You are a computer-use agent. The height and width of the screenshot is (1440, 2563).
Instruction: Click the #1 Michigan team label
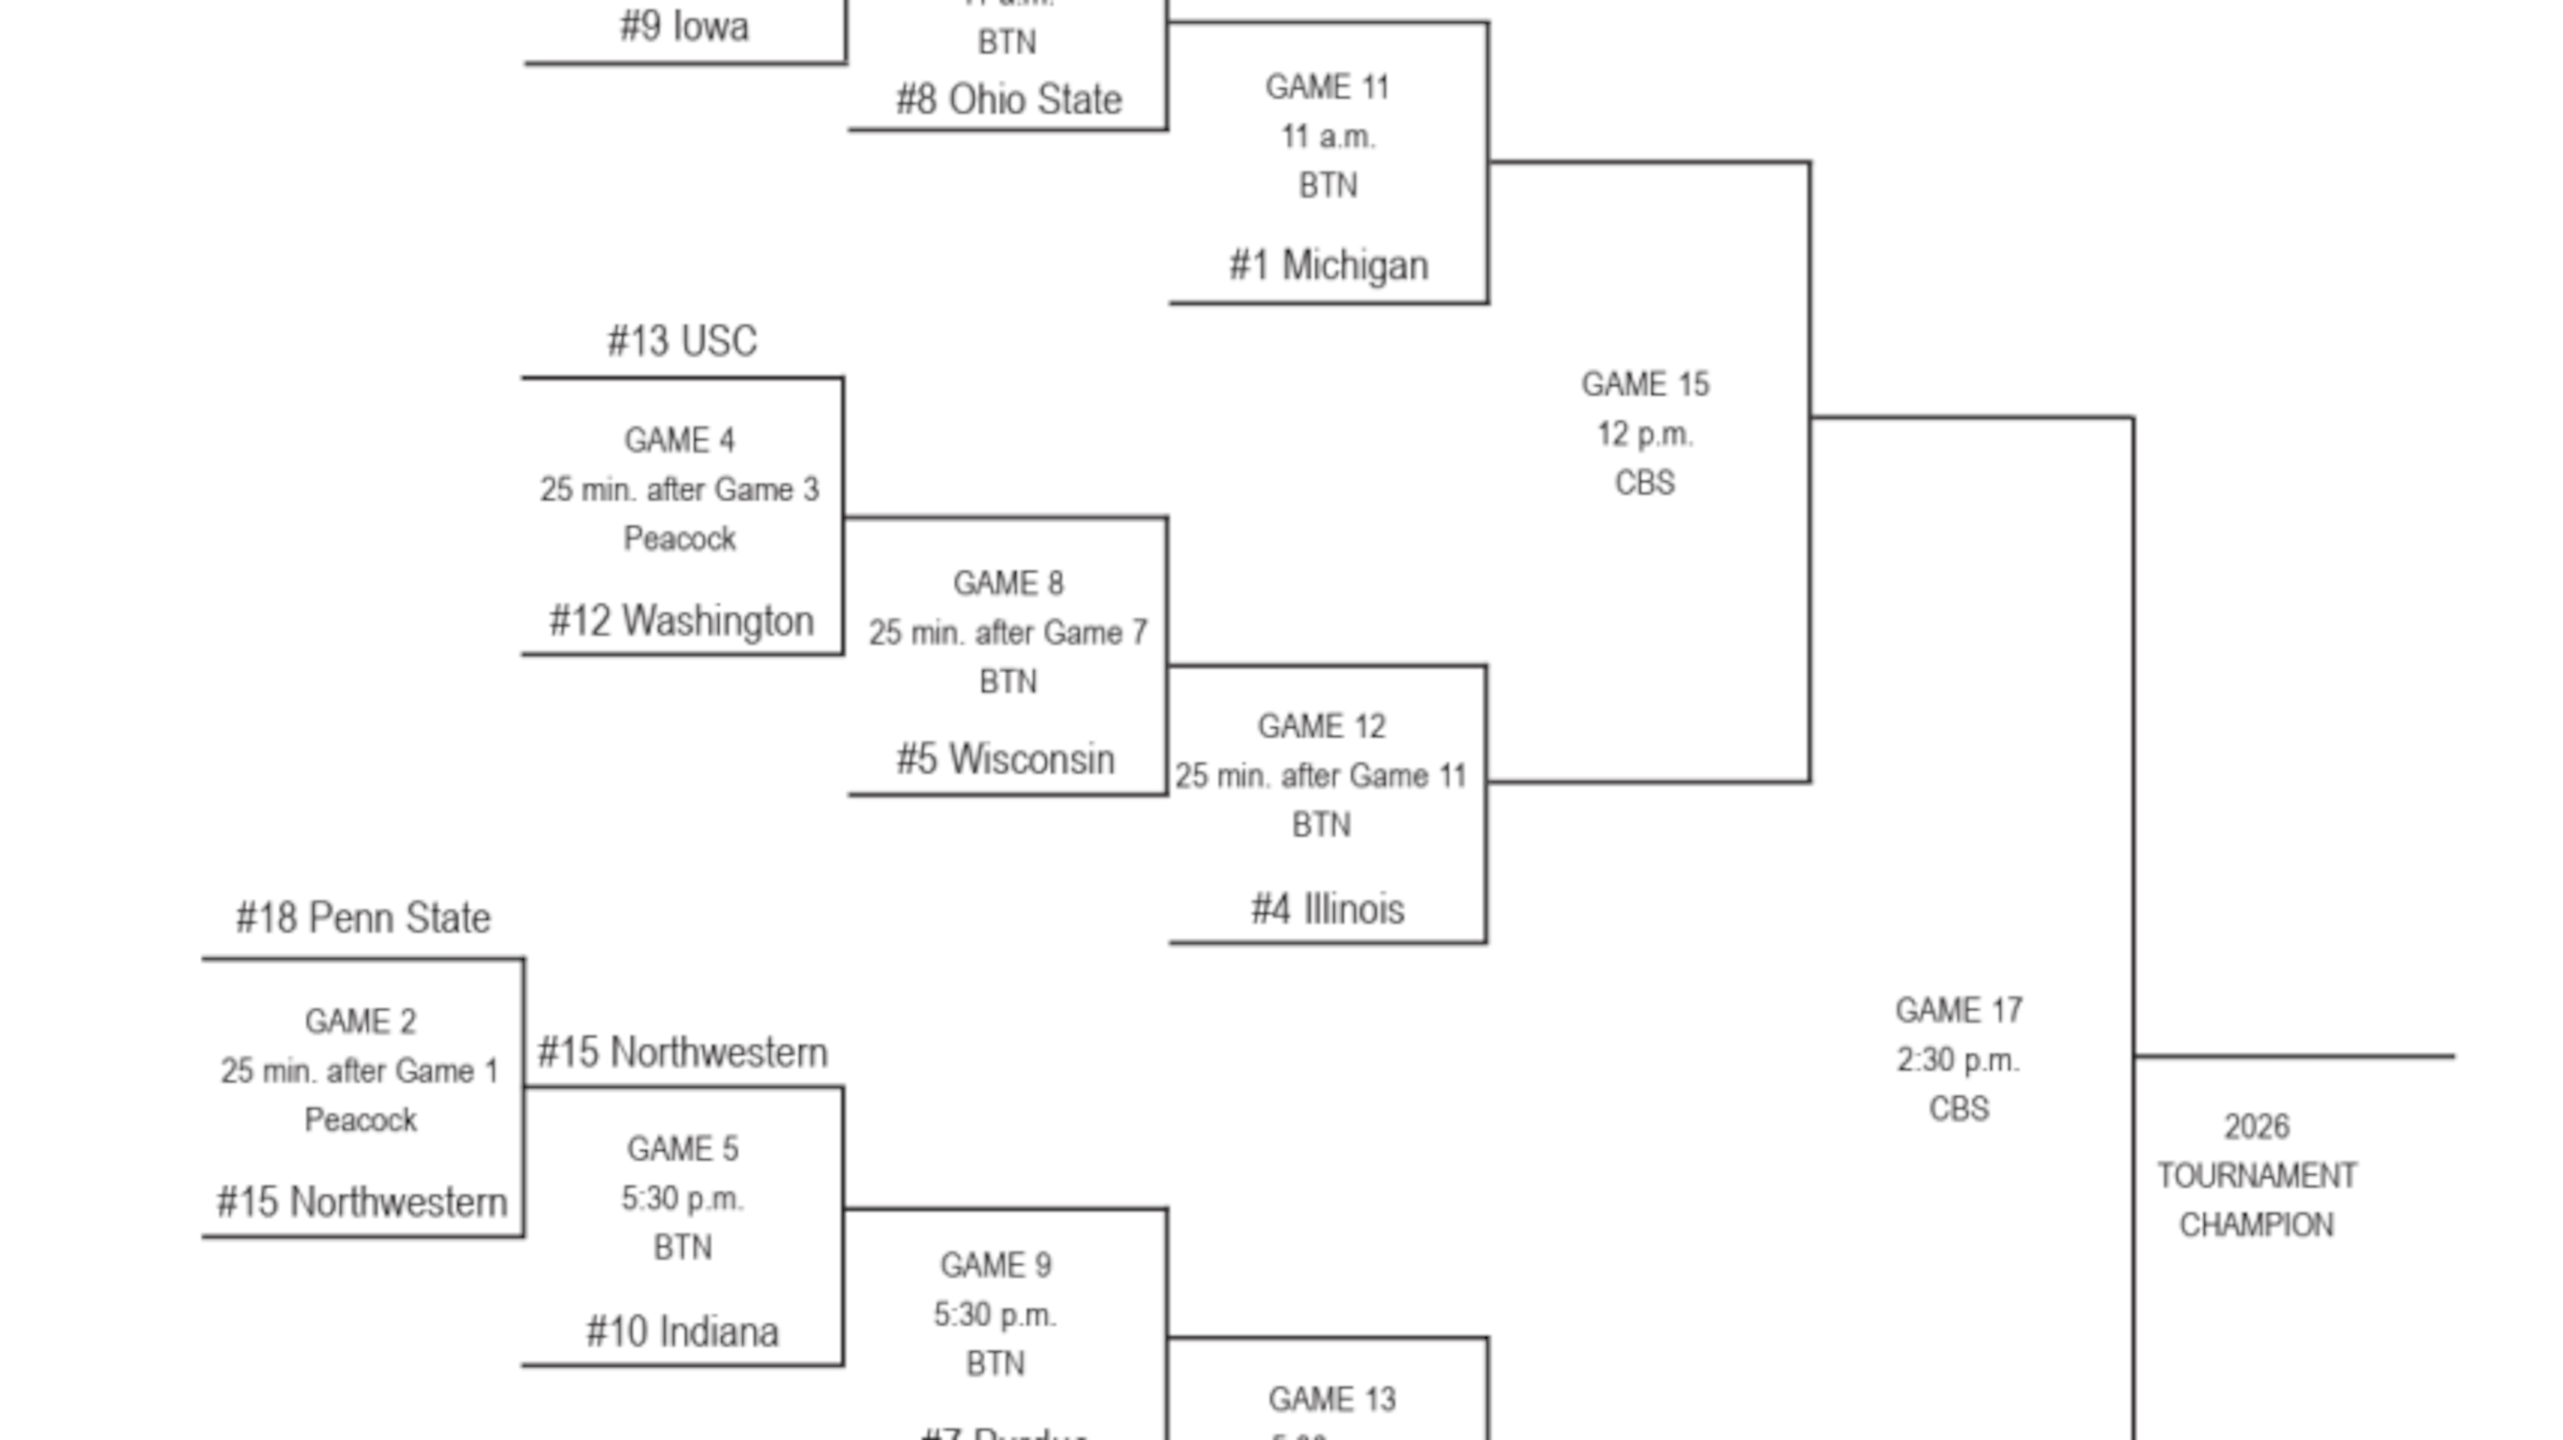point(1328,265)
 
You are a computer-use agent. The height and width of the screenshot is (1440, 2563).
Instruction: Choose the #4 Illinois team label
point(1327,909)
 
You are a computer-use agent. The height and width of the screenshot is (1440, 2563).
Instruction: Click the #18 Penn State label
point(363,918)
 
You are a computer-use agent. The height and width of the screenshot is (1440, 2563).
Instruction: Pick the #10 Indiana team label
point(683,1331)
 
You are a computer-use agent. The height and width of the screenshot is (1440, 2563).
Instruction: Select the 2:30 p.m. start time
point(1958,1060)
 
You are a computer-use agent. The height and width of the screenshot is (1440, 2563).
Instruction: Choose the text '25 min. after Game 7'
point(1008,632)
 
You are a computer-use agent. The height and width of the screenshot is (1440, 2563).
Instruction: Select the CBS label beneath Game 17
point(1958,1109)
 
